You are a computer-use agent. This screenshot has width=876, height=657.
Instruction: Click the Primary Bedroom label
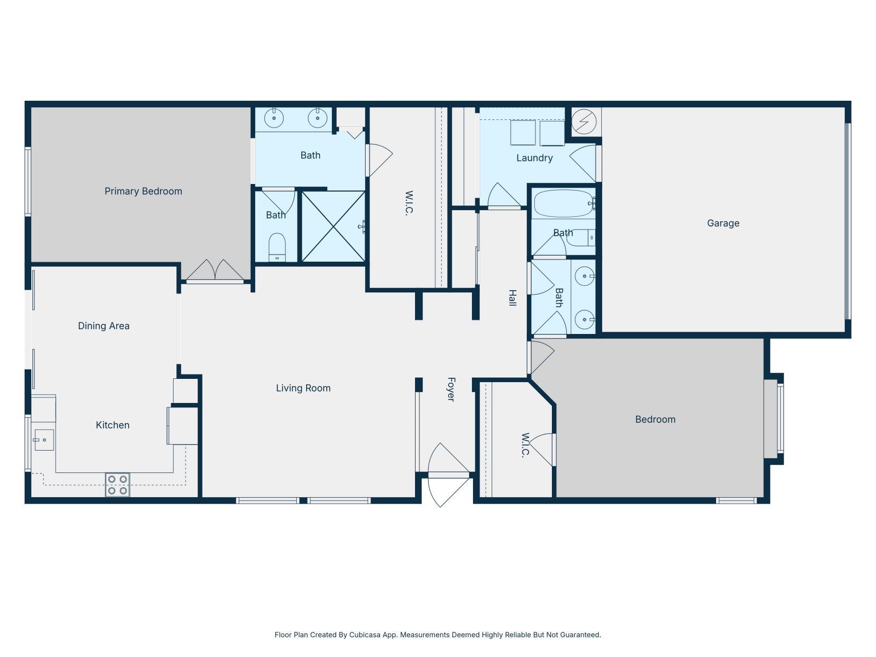[x=143, y=191]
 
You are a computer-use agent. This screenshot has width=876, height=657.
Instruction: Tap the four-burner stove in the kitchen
[x=117, y=485]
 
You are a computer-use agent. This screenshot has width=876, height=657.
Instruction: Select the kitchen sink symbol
[x=44, y=440]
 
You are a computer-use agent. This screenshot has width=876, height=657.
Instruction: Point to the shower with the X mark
[x=333, y=226]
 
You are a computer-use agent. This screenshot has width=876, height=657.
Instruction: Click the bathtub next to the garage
[x=563, y=204]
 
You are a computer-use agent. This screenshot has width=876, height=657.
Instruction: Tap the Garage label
[x=723, y=223]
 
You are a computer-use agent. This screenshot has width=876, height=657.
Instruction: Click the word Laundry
[x=534, y=158]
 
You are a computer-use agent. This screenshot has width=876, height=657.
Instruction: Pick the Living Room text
[x=303, y=388]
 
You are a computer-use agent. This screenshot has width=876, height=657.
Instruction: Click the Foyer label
[x=451, y=389]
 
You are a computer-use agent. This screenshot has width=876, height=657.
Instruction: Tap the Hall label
[x=512, y=298]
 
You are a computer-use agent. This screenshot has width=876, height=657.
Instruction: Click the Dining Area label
[x=103, y=326]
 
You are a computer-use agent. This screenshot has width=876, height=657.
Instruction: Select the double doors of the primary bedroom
[x=215, y=271]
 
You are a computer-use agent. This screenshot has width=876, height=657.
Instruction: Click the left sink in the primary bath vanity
[x=273, y=117]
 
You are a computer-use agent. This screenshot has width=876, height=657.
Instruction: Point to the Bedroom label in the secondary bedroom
[x=655, y=419]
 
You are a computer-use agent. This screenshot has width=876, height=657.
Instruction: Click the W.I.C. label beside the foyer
[x=525, y=445]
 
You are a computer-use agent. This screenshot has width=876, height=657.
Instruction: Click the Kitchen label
[x=112, y=425]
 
